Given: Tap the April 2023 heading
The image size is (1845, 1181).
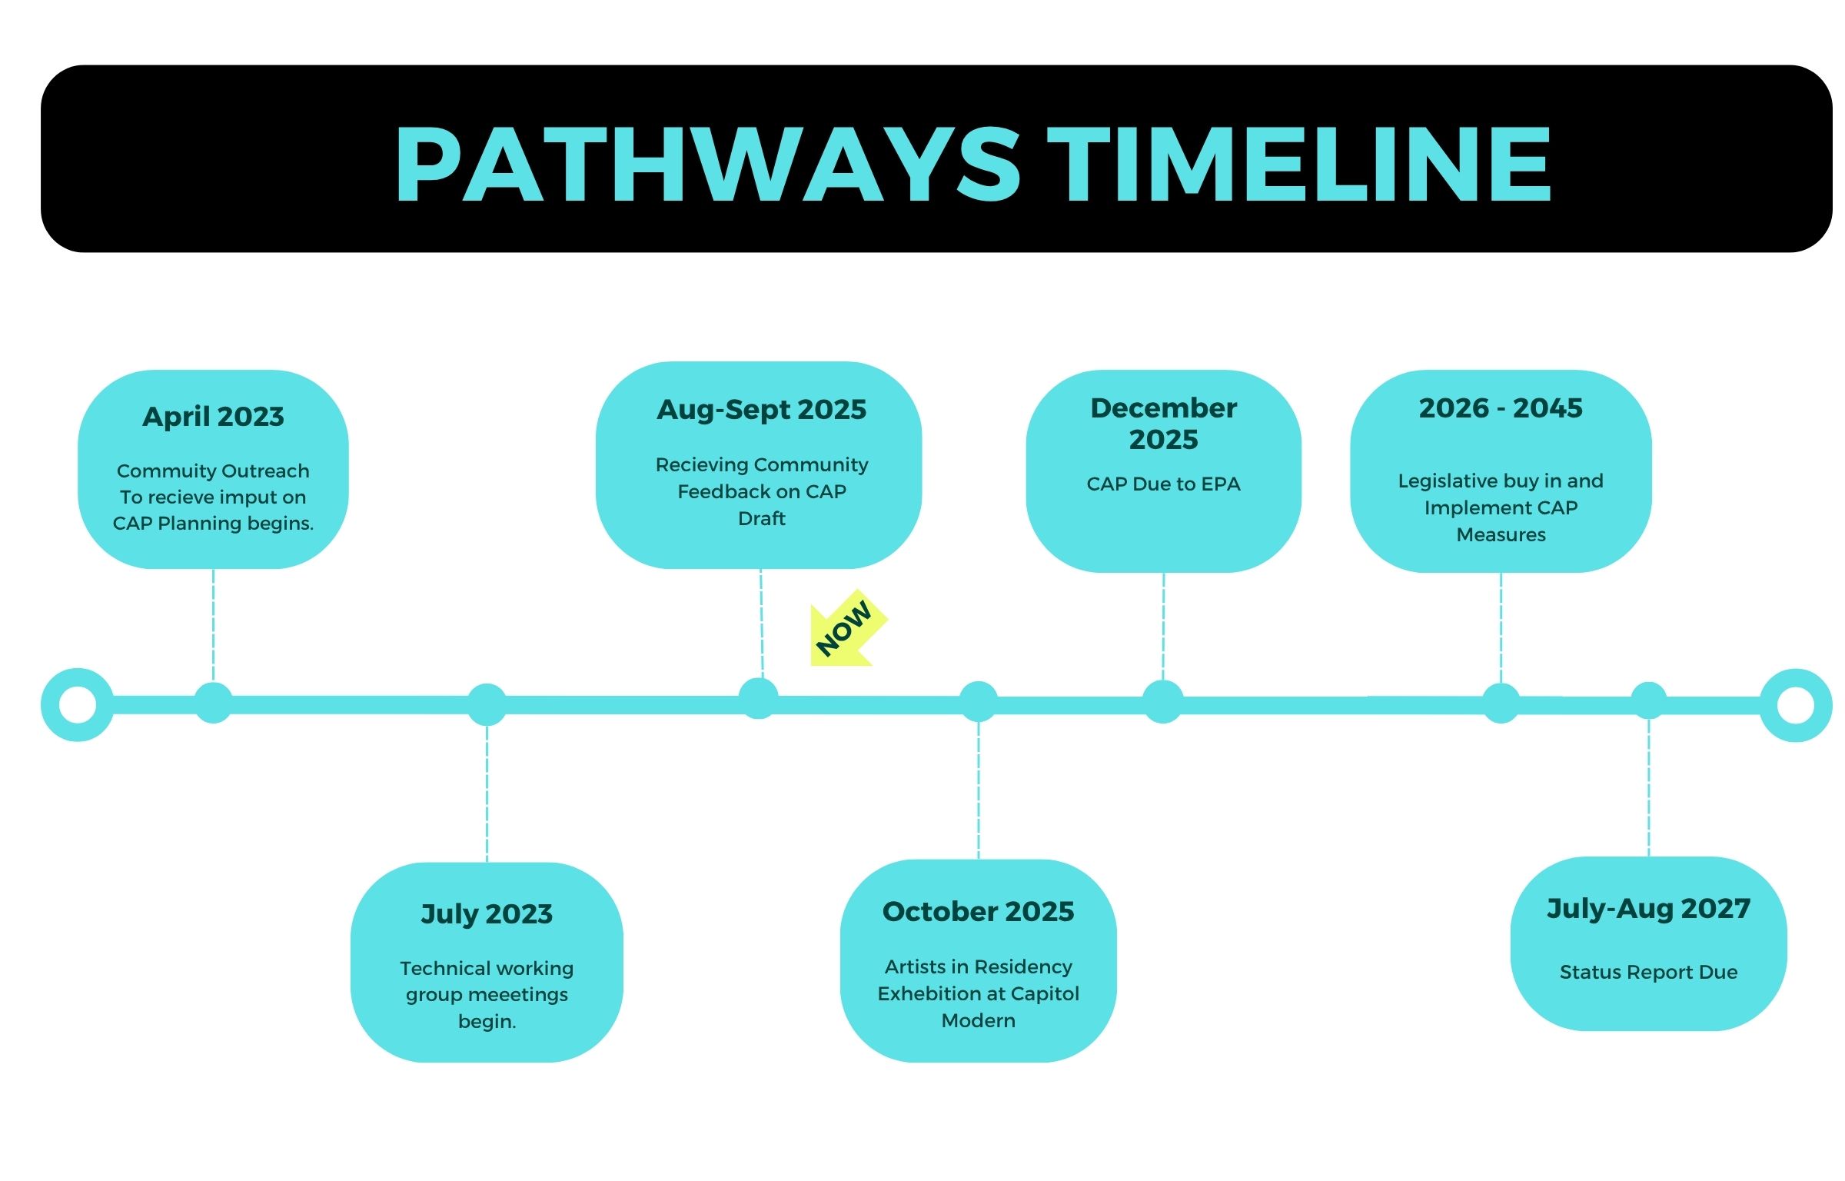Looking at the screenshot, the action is (213, 417).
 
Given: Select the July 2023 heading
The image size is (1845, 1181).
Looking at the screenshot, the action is (487, 914).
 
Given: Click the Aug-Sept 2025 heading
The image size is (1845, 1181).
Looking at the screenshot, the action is (761, 410).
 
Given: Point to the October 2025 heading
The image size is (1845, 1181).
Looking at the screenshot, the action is (978, 911).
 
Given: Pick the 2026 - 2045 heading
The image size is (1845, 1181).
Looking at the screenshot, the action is (1501, 408).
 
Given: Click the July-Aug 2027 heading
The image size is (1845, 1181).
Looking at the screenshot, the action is (1648, 909).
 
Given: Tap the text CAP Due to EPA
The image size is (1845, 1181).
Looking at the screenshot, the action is (1163, 484).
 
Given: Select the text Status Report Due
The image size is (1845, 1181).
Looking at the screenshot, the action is (1648, 973).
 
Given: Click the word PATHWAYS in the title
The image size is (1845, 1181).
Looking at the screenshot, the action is (708, 165).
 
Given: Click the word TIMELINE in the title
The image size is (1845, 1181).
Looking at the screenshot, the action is (1299, 165).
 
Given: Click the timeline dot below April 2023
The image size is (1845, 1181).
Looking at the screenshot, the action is (213, 703).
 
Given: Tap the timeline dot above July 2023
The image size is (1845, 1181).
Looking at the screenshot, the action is (487, 704).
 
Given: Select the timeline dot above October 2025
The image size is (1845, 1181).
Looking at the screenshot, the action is (978, 701).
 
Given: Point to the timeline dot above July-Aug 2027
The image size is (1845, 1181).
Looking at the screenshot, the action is (1648, 700).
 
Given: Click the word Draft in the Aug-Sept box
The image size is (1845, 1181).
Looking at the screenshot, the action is (761, 519).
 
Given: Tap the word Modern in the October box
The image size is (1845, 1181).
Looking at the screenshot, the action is (978, 1021).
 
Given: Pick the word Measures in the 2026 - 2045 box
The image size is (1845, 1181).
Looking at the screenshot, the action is (1501, 535).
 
